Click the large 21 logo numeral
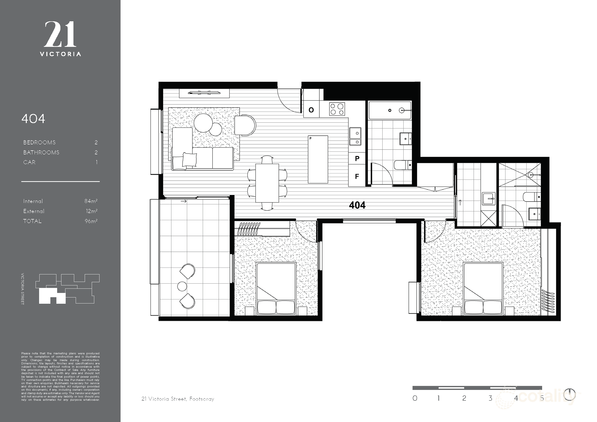coord(60,34)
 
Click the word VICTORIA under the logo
coord(60,54)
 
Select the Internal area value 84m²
coord(91,201)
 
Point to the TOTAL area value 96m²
coord(91,221)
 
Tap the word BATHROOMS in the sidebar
coord(41,152)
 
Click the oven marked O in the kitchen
coord(312,110)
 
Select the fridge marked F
coord(357,176)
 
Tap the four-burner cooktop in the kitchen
coord(337,109)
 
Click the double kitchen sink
coord(355,136)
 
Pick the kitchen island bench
coord(318,159)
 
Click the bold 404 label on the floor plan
coord(357,205)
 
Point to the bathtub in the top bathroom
coord(390,110)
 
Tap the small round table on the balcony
coord(182,286)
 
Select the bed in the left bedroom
coord(276,289)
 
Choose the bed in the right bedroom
coord(483,289)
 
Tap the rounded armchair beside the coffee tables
coord(245,125)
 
